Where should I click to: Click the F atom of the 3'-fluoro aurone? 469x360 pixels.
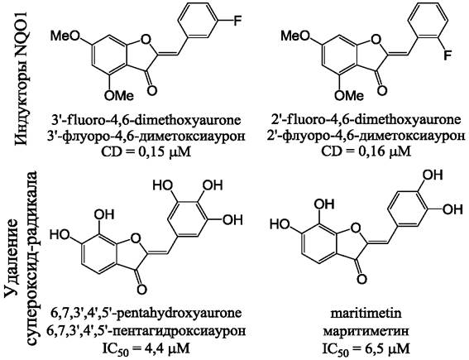[x=237, y=21]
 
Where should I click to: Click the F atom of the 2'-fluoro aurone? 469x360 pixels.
[x=447, y=55]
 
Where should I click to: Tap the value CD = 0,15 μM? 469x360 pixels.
[x=146, y=152]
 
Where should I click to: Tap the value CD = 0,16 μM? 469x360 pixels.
[x=366, y=152]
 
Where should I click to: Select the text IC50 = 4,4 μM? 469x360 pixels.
[x=146, y=348]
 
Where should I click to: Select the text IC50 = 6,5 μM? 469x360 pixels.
[x=366, y=348]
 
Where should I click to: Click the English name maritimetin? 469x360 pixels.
[x=366, y=314]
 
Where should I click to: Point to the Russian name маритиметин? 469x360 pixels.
[x=366, y=331]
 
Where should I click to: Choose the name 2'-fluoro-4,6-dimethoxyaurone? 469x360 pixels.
[x=366, y=120]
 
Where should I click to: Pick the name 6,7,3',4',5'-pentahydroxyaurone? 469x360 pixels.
[x=146, y=314]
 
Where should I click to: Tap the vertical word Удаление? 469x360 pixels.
[x=12, y=262]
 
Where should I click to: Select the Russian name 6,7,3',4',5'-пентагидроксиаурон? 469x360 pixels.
[x=146, y=331]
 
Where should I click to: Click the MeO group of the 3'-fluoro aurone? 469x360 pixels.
[x=65, y=36]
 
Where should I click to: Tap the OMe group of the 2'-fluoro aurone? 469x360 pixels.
[x=349, y=96]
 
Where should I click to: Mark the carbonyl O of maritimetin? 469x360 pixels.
[x=361, y=279]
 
